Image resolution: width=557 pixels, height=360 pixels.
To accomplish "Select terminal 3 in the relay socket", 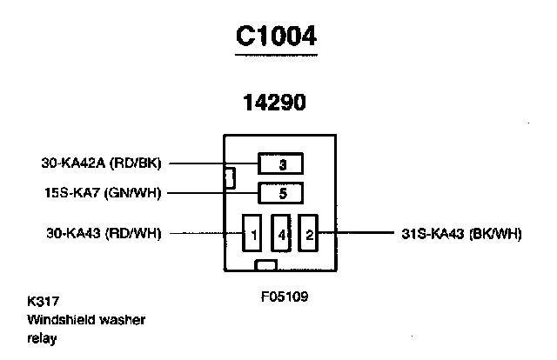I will [x=280, y=163].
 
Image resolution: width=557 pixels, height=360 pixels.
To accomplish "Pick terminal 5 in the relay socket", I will [x=280, y=193].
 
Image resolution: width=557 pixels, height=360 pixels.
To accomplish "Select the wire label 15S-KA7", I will [x=71, y=193].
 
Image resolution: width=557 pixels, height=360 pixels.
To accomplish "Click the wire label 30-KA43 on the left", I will [x=73, y=233].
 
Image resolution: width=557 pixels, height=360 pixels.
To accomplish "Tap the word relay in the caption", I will [x=41, y=338].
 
